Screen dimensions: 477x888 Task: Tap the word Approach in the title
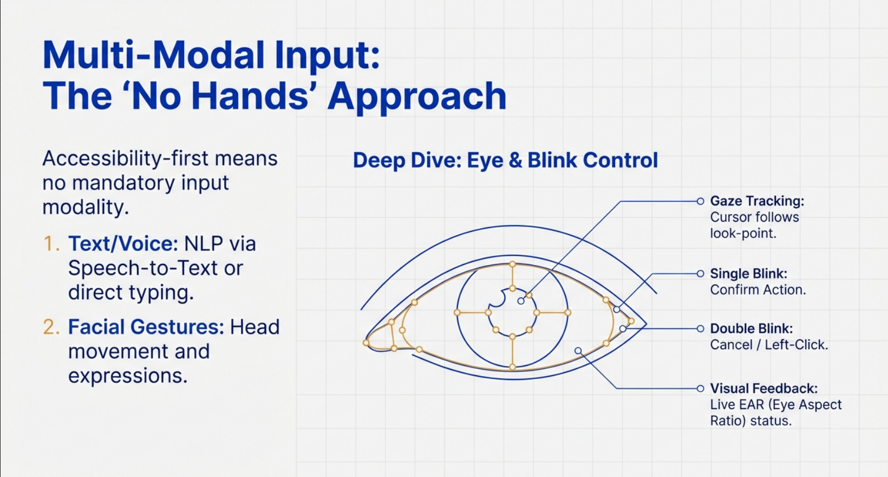[417, 96]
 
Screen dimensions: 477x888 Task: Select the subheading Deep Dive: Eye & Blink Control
[505, 160]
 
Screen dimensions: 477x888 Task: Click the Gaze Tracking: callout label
[757, 201]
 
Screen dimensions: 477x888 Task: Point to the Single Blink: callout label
[748, 274]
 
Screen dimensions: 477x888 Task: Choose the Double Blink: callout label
[751, 328]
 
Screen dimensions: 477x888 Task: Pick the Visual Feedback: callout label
[763, 389]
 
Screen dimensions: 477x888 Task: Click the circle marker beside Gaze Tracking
[700, 201]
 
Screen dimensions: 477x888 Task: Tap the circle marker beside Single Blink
[700, 274]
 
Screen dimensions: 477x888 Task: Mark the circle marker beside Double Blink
[700, 328]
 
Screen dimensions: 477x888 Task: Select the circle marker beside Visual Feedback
[700, 389]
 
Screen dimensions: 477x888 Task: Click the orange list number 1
[50, 244]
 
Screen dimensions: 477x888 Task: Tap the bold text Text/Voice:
[123, 244]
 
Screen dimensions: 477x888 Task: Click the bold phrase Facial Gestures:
[146, 327]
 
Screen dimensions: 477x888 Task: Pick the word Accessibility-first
[125, 159]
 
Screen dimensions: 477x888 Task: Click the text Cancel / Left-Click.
[769, 345]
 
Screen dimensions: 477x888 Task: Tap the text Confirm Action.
[758, 290]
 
